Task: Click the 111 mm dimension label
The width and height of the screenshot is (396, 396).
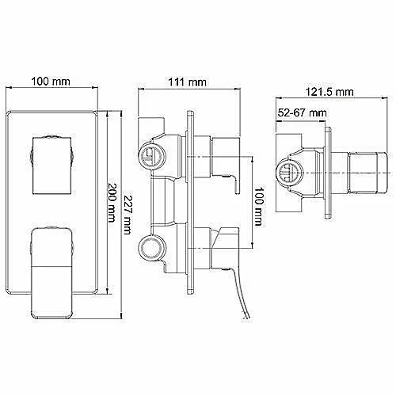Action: (187, 82)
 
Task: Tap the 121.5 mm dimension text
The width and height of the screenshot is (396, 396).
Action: (329, 92)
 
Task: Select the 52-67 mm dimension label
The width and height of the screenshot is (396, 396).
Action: (302, 113)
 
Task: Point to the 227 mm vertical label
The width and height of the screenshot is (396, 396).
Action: (127, 215)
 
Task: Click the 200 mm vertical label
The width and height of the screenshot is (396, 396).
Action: (112, 203)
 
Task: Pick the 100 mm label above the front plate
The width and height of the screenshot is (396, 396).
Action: (51, 82)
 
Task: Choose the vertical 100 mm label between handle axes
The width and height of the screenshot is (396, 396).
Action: (258, 207)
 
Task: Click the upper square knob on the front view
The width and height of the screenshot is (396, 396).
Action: (51, 166)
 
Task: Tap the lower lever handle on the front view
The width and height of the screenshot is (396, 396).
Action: (51, 272)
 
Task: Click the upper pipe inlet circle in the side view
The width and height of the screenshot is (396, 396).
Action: (152, 156)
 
